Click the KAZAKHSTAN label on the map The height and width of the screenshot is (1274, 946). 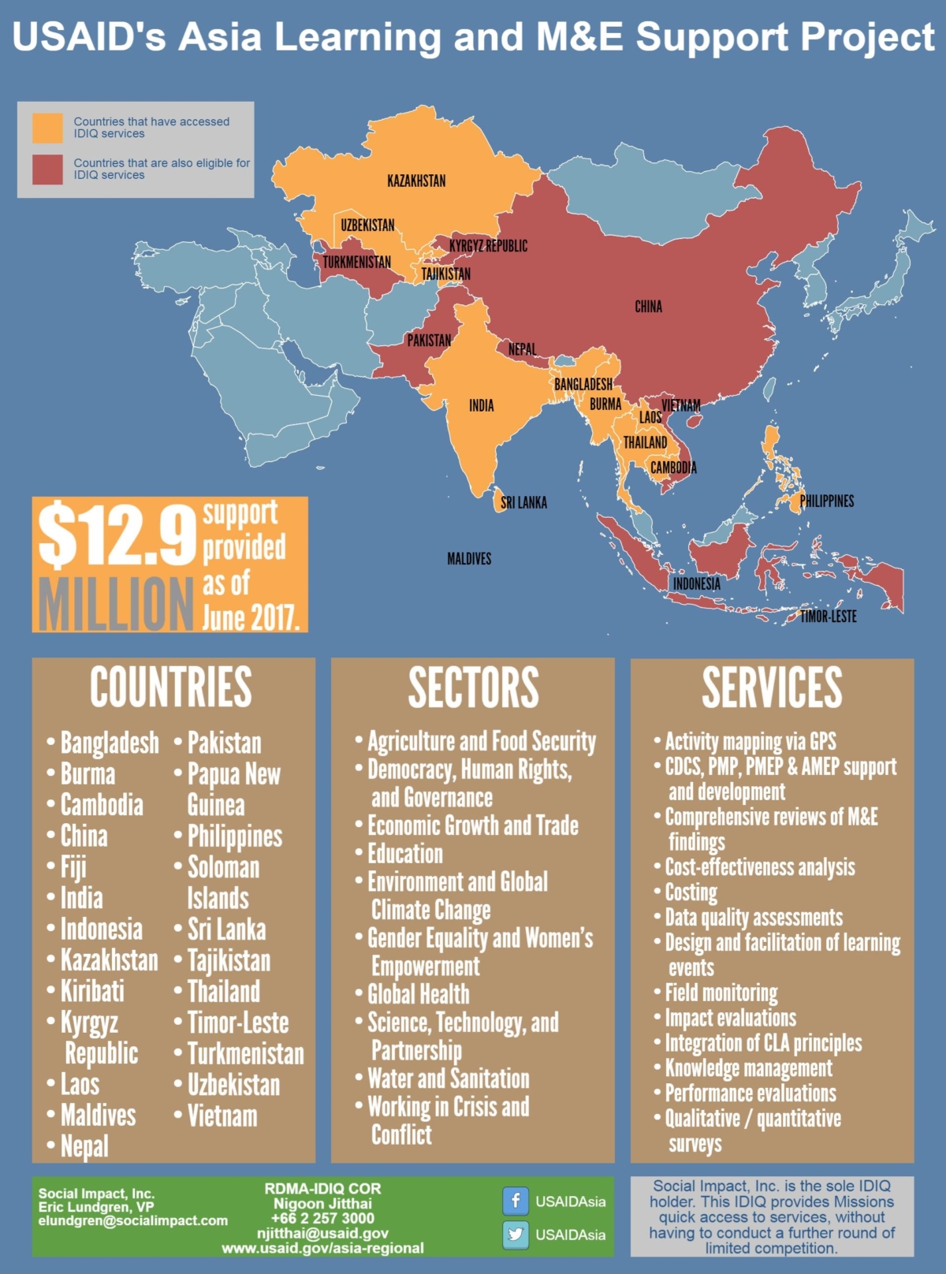[416, 181]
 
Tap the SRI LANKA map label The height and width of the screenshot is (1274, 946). [523, 502]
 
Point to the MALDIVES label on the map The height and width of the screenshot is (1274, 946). [469, 559]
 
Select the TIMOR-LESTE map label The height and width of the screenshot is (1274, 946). [828, 617]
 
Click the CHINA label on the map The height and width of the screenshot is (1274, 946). [648, 307]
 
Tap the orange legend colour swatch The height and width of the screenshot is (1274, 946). [47, 128]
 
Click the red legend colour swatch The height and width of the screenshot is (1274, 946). [47, 169]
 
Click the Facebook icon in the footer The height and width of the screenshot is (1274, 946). [515, 1201]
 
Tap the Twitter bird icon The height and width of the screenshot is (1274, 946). [515, 1234]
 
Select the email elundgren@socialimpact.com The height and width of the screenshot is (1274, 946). [132, 1220]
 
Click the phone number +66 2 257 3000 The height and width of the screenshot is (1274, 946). [322, 1218]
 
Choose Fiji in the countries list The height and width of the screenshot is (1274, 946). [73, 867]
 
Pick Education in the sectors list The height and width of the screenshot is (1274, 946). [405, 854]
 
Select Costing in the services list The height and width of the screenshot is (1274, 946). [691, 892]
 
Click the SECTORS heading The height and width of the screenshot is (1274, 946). [473, 687]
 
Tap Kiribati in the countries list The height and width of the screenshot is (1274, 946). [92, 991]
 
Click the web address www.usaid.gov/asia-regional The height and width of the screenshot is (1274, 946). [322, 1248]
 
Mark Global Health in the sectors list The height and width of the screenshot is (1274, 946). [418, 994]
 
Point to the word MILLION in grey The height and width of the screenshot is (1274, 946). [115, 603]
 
